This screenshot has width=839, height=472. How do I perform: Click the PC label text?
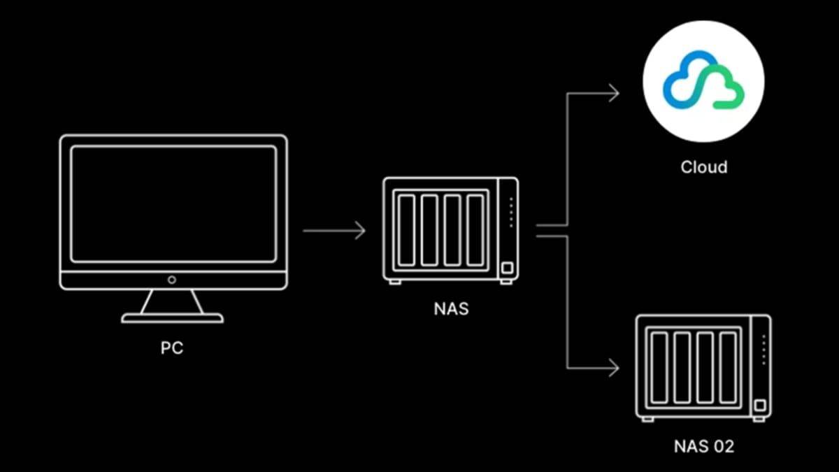[171, 348]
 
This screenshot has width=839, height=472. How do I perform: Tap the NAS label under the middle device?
[451, 307]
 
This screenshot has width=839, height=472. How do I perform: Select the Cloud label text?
[703, 167]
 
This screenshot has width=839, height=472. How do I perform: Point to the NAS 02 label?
[704, 446]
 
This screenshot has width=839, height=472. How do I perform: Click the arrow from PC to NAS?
[334, 230]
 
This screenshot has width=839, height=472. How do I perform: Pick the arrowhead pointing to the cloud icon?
[614, 92]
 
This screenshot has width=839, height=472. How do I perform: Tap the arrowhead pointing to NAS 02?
[614, 367]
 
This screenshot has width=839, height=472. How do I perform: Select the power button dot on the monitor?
[172, 280]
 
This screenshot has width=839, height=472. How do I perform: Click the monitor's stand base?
[172, 318]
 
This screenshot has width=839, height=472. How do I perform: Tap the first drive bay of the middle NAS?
[407, 229]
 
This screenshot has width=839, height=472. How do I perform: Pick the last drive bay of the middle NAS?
[476, 229]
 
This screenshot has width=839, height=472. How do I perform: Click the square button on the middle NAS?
[507, 268]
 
